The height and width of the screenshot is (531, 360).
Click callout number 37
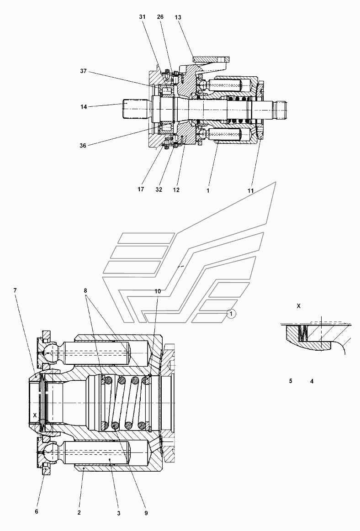tap(84, 71)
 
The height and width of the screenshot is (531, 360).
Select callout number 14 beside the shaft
tap(84, 107)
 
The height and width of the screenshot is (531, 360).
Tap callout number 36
tap(83, 146)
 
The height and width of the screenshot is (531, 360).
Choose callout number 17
tap(141, 189)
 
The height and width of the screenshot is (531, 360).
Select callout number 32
tap(159, 189)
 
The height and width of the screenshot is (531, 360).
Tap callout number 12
tap(176, 190)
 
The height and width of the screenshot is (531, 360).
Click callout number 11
tap(250, 191)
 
